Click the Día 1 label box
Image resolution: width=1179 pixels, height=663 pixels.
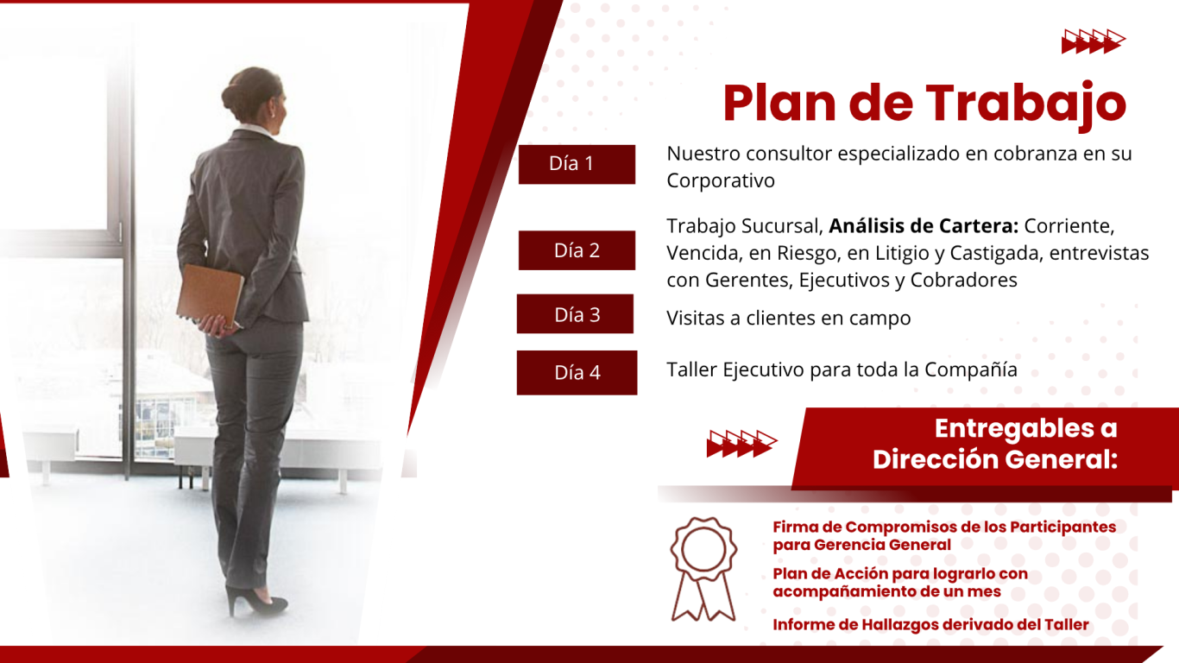click(577, 164)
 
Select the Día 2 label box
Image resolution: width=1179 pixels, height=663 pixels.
click(577, 250)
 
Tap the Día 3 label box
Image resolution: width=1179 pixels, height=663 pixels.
click(576, 314)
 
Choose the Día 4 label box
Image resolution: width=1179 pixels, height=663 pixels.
click(577, 373)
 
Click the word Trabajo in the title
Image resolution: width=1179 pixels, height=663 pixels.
click(1026, 104)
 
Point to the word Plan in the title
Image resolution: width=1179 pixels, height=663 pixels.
click(779, 103)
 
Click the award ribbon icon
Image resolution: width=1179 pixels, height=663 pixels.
click(703, 569)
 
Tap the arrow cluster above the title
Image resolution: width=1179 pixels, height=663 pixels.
click(1094, 41)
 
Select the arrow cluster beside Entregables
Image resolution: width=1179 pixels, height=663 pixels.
click(741, 444)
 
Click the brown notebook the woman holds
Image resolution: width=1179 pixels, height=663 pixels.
click(210, 296)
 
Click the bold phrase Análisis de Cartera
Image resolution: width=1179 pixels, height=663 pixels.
click(924, 226)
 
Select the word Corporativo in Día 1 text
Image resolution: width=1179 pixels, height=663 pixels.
click(721, 180)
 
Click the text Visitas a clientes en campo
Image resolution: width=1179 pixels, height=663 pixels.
click(789, 318)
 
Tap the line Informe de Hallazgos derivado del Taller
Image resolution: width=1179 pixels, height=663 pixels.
click(930, 624)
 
